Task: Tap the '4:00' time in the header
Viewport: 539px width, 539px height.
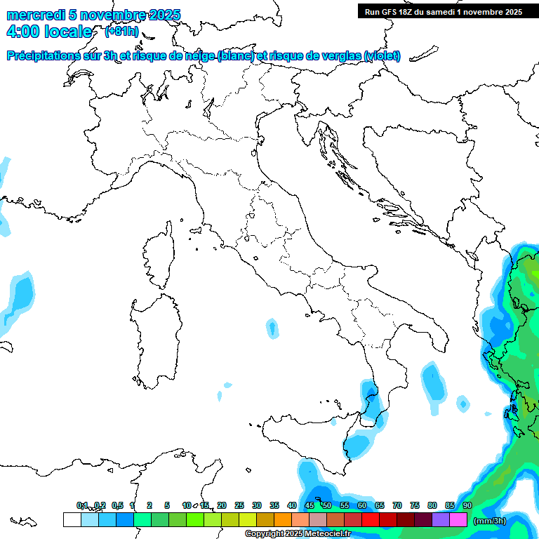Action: (22, 32)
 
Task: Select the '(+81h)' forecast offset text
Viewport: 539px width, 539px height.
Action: (121, 32)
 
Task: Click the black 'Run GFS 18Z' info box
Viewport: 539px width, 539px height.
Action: (443, 11)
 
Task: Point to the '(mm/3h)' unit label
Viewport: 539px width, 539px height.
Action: (491, 521)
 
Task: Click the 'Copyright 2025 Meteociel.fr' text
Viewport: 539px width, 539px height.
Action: (298, 534)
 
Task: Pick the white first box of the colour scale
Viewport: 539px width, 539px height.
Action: (72, 520)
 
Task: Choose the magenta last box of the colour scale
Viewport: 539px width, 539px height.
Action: (458, 520)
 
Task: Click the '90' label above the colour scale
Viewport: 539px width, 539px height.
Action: (467, 505)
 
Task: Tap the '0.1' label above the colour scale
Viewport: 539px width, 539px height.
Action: (82, 505)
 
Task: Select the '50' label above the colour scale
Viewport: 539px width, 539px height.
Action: (327, 505)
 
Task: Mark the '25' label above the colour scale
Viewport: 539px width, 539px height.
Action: (239, 505)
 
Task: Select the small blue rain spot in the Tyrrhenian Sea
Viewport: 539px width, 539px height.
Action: (272, 327)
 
